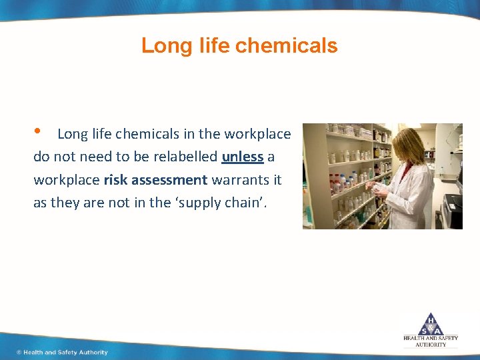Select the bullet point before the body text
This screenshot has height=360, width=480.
coord(38,131)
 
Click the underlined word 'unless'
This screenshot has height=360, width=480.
coord(243,157)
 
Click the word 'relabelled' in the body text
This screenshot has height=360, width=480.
coord(185,157)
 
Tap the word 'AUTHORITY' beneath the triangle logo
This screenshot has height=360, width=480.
coord(431,345)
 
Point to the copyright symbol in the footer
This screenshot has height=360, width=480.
coord(19,352)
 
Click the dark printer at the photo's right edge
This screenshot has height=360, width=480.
coord(451,210)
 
